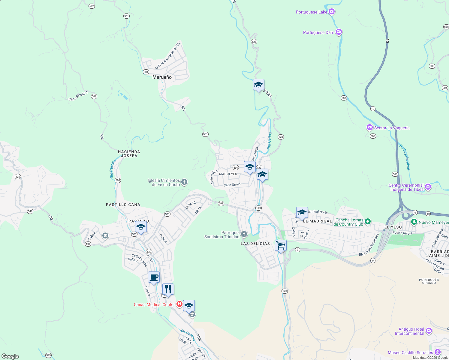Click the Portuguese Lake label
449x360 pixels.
[x=311, y=12]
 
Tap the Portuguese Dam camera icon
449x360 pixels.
[x=339, y=32]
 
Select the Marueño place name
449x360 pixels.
[x=162, y=77]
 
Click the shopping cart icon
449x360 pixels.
[x=281, y=245]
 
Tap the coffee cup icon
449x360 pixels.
[x=154, y=277]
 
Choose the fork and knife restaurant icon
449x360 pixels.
[x=168, y=289]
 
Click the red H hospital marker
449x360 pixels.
[x=179, y=304]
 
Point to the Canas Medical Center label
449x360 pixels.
[x=154, y=304]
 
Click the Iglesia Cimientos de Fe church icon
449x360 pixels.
[x=184, y=182]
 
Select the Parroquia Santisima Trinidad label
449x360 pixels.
[x=222, y=235]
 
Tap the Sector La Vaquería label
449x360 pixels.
[x=392, y=128]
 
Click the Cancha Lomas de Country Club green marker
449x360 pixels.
[x=368, y=222]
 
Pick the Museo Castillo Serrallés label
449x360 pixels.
[x=410, y=352]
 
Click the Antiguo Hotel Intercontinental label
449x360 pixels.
[x=409, y=331]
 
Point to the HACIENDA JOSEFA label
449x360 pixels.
[x=129, y=154]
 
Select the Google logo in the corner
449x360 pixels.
[x=10, y=356]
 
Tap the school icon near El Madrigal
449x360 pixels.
[x=302, y=212]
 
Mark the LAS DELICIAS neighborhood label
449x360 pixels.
[x=255, y=244]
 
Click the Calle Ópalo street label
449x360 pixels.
[x=232, y=184]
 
